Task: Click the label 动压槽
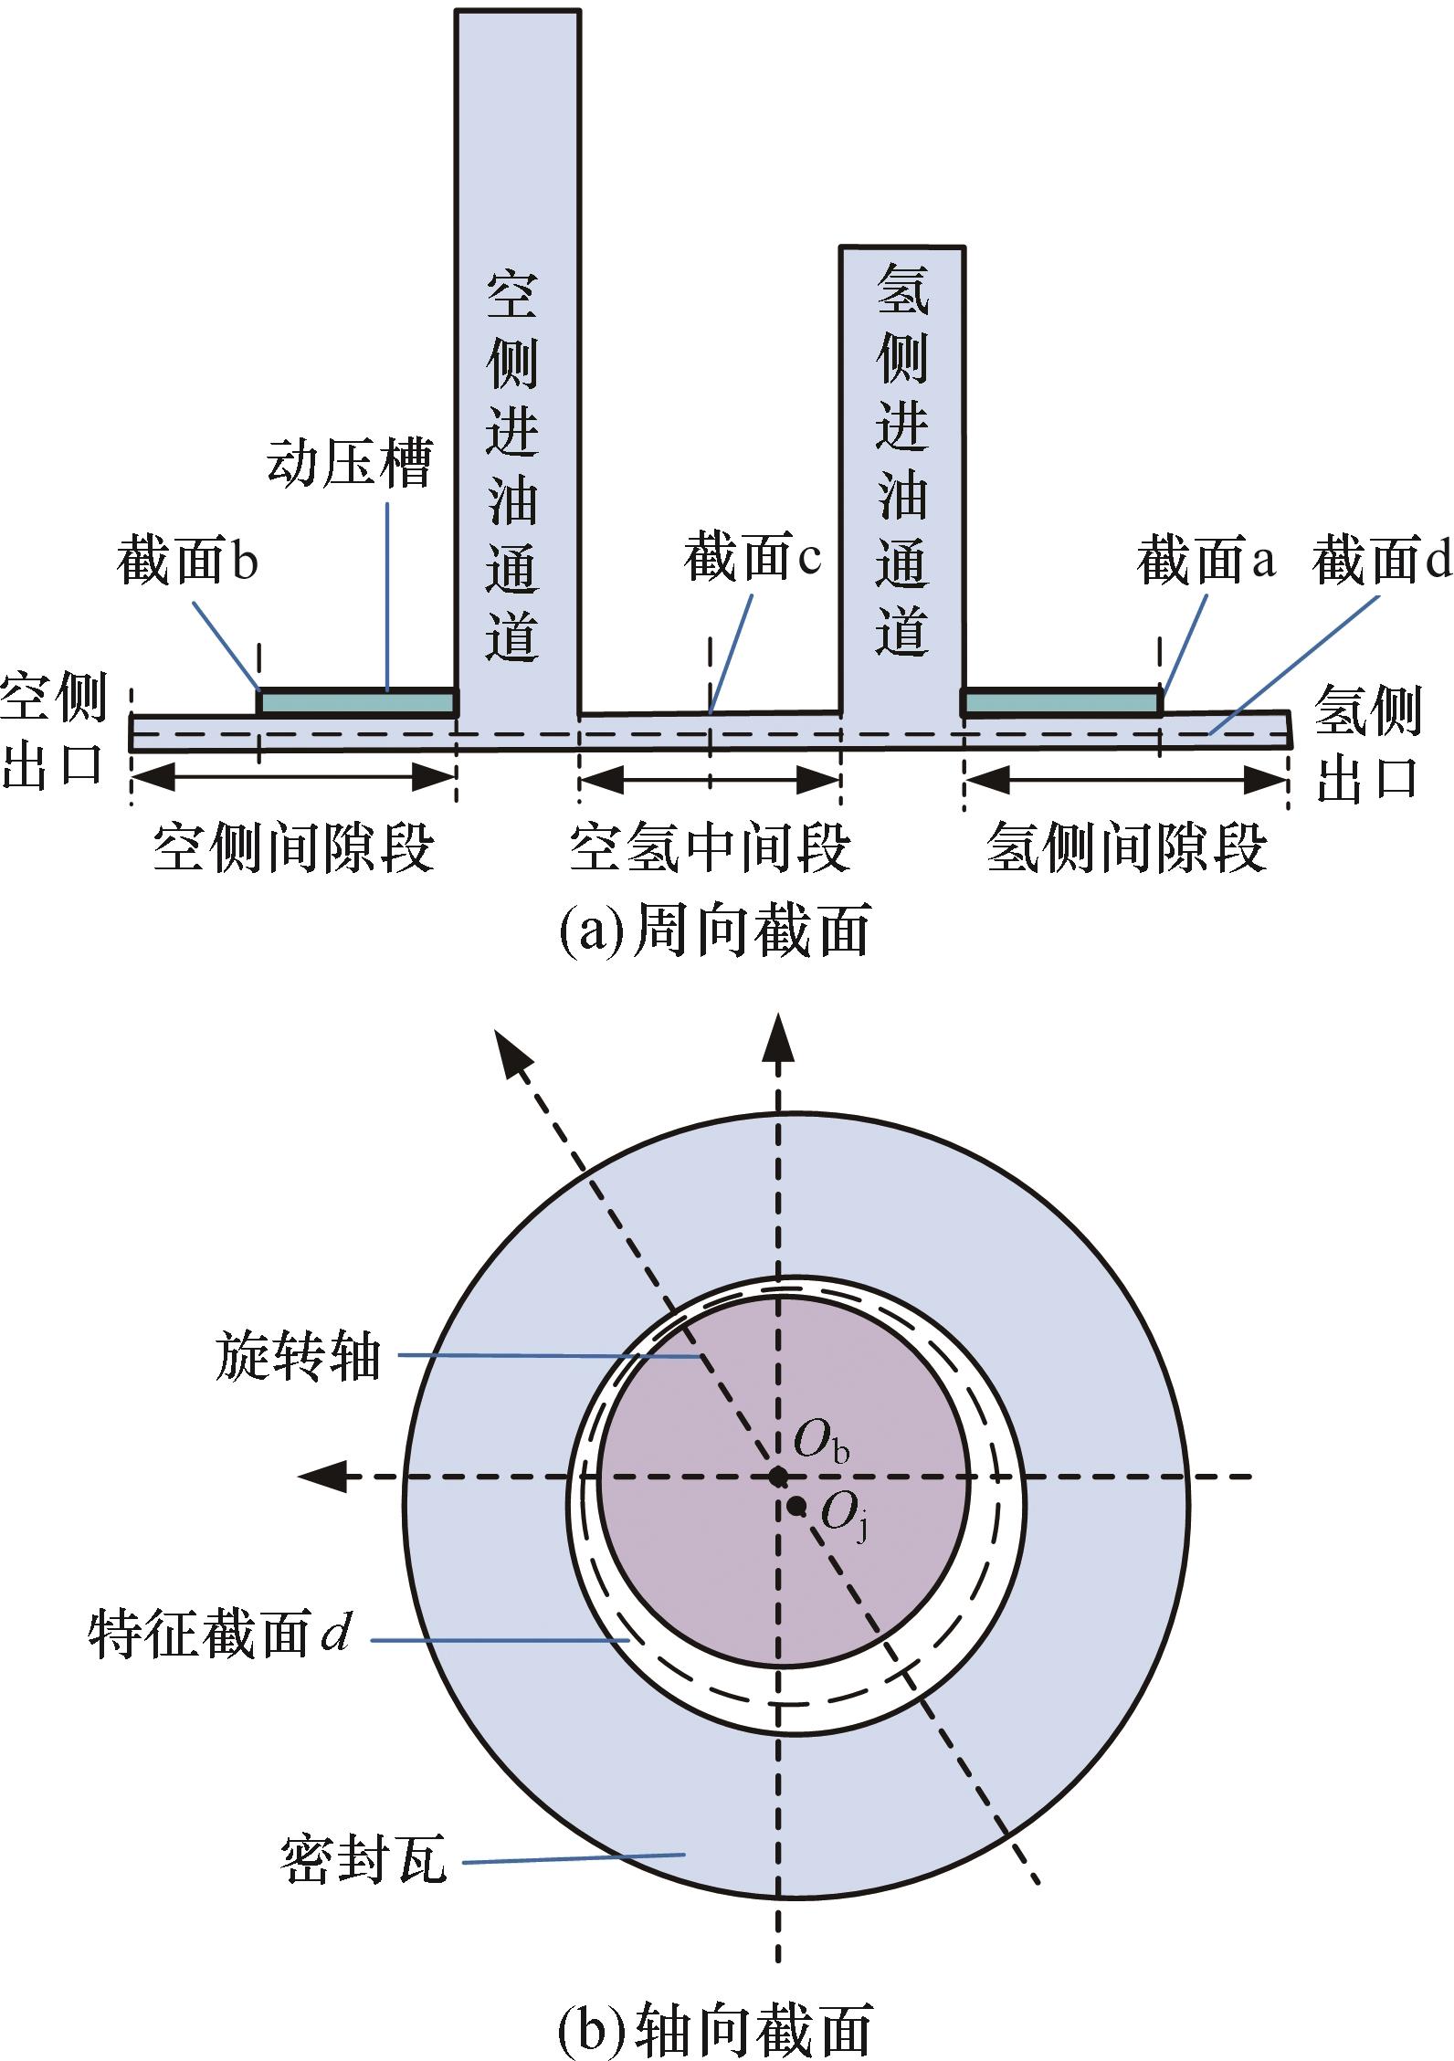349,463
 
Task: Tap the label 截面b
187,561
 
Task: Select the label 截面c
753,558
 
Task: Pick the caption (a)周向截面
713,931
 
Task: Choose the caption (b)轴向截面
713,2029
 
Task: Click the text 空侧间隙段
293,848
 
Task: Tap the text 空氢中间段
710,848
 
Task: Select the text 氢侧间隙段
1127,848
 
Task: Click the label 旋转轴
298,1354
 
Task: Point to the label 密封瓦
363,1859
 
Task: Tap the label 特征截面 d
219,1633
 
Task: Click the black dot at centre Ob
777,1476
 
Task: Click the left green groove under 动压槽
358,702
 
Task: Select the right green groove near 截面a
1061,702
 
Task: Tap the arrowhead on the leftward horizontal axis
323,1476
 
